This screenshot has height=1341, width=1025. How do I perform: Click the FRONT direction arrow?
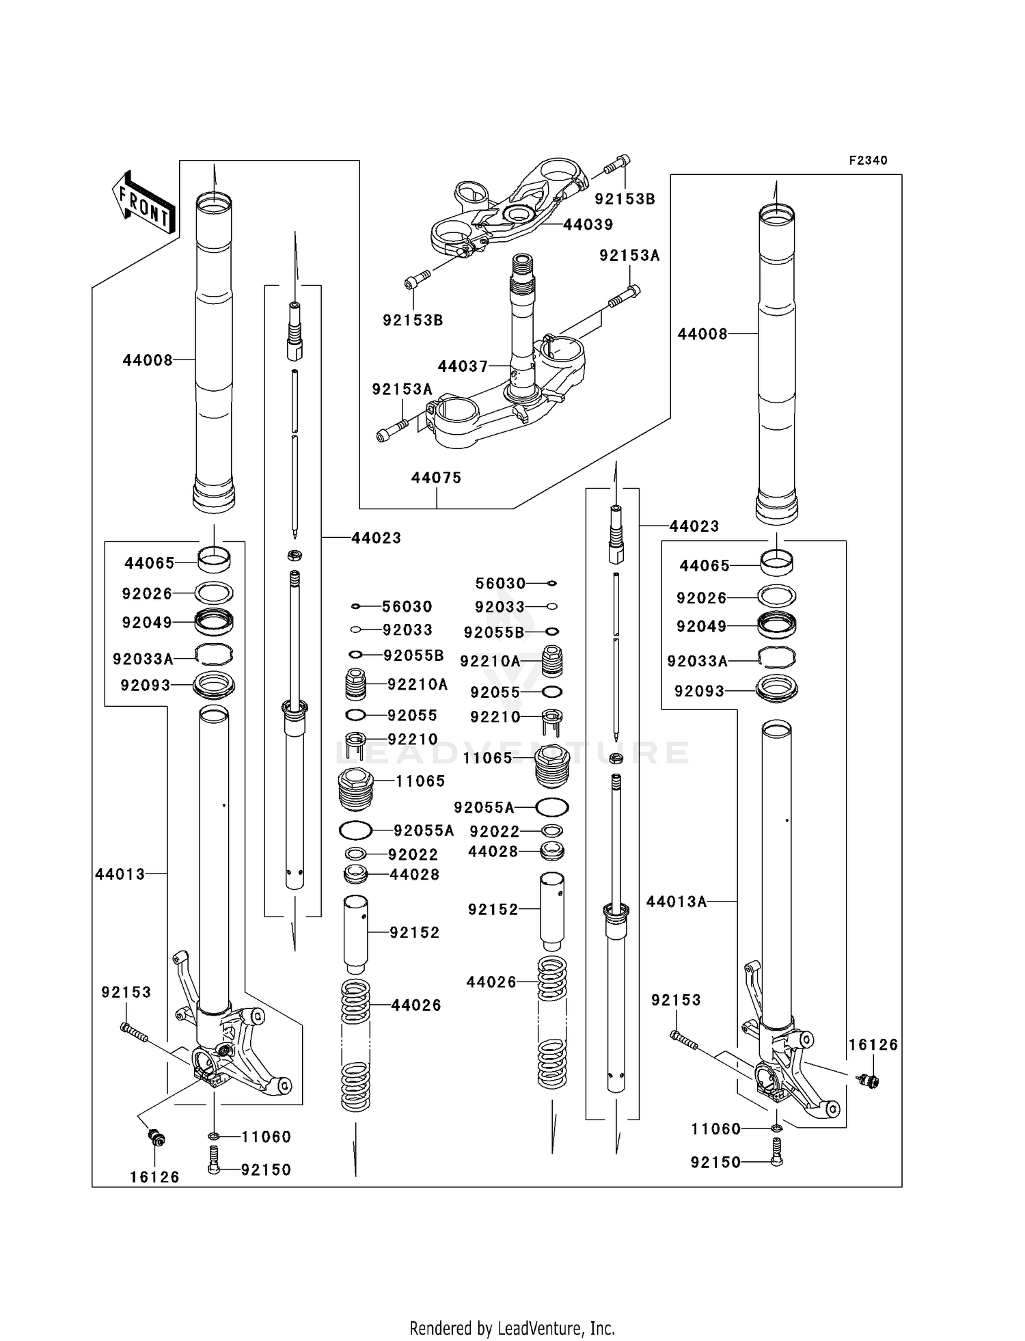coord(143,203)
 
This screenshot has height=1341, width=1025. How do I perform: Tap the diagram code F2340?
coord(868,161)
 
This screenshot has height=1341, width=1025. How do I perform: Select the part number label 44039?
coord(588,224)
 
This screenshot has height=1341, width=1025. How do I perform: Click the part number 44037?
coord(463,366)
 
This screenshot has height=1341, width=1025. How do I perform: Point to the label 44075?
coord(436,478)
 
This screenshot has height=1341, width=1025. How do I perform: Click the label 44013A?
coord(676,902)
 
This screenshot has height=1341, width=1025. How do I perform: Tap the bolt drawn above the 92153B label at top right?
coord(617,164)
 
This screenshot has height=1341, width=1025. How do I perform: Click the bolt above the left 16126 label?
coord(157,1138)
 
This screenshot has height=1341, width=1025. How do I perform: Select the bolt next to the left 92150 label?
coord(214,1169)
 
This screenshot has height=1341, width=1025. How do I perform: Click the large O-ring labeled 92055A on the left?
coord(355,831)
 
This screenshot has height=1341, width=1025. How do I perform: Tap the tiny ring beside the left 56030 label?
coord(356,606)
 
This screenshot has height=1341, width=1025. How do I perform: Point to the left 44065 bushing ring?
coord(214,560)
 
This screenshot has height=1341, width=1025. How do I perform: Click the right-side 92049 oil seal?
coord(777,625)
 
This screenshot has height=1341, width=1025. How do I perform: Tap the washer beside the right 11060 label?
coord(776,1128)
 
